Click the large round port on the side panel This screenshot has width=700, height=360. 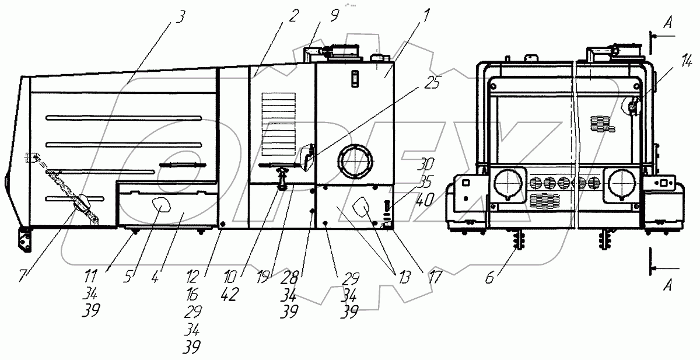(353, 162)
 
